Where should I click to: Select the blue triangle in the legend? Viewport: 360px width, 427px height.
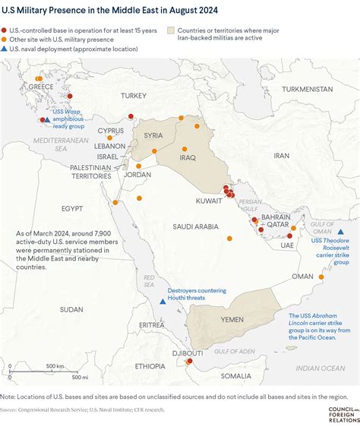click(x=7, y=49)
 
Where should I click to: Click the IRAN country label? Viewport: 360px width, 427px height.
click(x=281, y=155)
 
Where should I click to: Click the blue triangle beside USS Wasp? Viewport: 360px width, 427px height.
click(x=48, y=120)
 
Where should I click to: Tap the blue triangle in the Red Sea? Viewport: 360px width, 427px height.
click(x=162, y=302)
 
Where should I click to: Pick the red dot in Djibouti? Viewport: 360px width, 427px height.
click(x=189, y=361)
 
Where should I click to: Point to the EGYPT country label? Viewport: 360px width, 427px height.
click(x=72, y=207)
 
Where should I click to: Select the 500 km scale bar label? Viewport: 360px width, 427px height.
click(x=54, y=365)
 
